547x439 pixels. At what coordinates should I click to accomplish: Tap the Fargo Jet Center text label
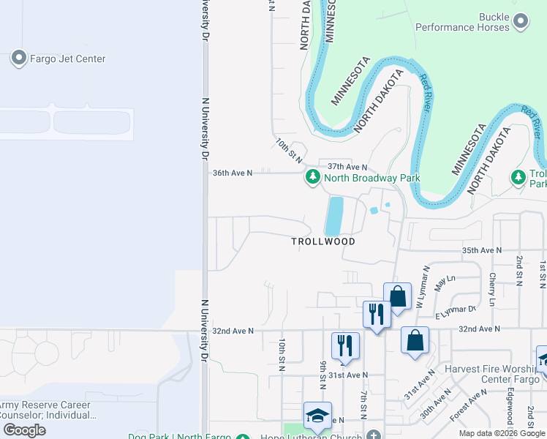(x=67, y=59)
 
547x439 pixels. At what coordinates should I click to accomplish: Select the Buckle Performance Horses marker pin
(x=520, y=21)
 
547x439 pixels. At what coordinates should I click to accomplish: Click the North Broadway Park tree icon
(x=312, y=177)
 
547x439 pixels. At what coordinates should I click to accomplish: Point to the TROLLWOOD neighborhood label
(x=323, y=241)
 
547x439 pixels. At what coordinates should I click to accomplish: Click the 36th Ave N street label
(x=232, y=173)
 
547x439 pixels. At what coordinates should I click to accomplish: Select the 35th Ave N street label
(x=482, y=250)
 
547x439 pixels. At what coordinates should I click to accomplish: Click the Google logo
(x=25, y=430)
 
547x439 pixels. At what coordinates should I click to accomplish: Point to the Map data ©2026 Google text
(x=501, y=433)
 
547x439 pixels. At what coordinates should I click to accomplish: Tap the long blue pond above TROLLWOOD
(x=333, y=216)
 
